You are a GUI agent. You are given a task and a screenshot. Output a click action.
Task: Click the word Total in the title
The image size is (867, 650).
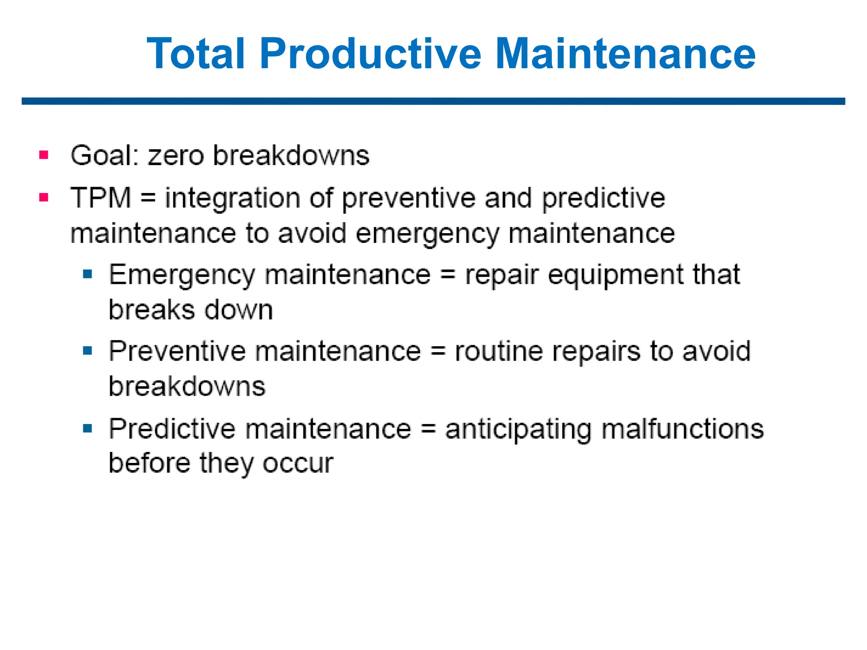coord(196,54)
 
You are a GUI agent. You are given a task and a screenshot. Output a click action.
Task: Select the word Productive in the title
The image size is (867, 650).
coord(370,54)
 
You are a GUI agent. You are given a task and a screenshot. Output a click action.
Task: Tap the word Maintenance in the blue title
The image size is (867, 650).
coord(625,54)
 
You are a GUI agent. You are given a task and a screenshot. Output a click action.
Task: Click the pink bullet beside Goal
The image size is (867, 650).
coord(44,155)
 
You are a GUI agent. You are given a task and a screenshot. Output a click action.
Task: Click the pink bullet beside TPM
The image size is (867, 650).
coord(44,197)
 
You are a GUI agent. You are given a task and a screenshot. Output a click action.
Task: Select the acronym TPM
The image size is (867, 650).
coord(101,198)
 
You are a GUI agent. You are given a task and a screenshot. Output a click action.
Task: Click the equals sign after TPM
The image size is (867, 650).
coord(148,198)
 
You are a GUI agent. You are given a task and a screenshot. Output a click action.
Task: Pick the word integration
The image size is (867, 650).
coord(232,199)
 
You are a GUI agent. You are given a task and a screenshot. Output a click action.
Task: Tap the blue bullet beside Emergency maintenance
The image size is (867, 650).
coord(88,274)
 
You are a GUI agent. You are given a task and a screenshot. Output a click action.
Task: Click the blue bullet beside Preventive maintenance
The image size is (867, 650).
coord(88,351)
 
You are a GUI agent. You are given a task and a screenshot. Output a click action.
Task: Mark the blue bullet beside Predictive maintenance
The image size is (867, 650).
coord(88,429)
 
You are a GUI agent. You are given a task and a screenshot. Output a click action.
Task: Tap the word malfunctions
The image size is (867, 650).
coord(683,429)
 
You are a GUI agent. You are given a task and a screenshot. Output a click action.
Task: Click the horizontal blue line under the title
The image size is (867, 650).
coord(433,101)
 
